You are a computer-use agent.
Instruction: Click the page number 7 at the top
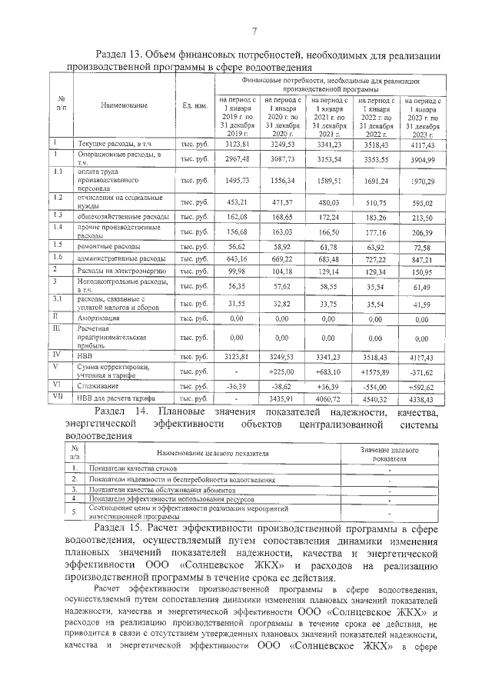(253, 31)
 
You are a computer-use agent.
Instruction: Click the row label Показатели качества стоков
(133, 468)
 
